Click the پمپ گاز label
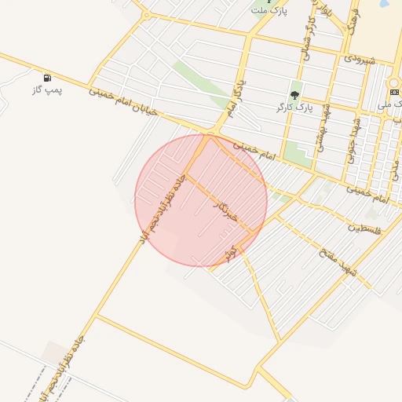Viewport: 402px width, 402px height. (46, 90)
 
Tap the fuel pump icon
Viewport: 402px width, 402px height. (48, 78)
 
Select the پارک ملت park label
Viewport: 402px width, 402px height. (270, 11)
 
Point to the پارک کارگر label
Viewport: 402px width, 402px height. (294, 107)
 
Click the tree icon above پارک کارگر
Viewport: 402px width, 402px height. (295, 95)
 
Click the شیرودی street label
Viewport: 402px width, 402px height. (360, 59)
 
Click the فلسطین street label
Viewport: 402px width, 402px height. (364, 228)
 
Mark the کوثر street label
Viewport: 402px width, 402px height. (230, 253)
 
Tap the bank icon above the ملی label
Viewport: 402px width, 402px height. (394, 92)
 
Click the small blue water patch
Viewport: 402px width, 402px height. (384, 3)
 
